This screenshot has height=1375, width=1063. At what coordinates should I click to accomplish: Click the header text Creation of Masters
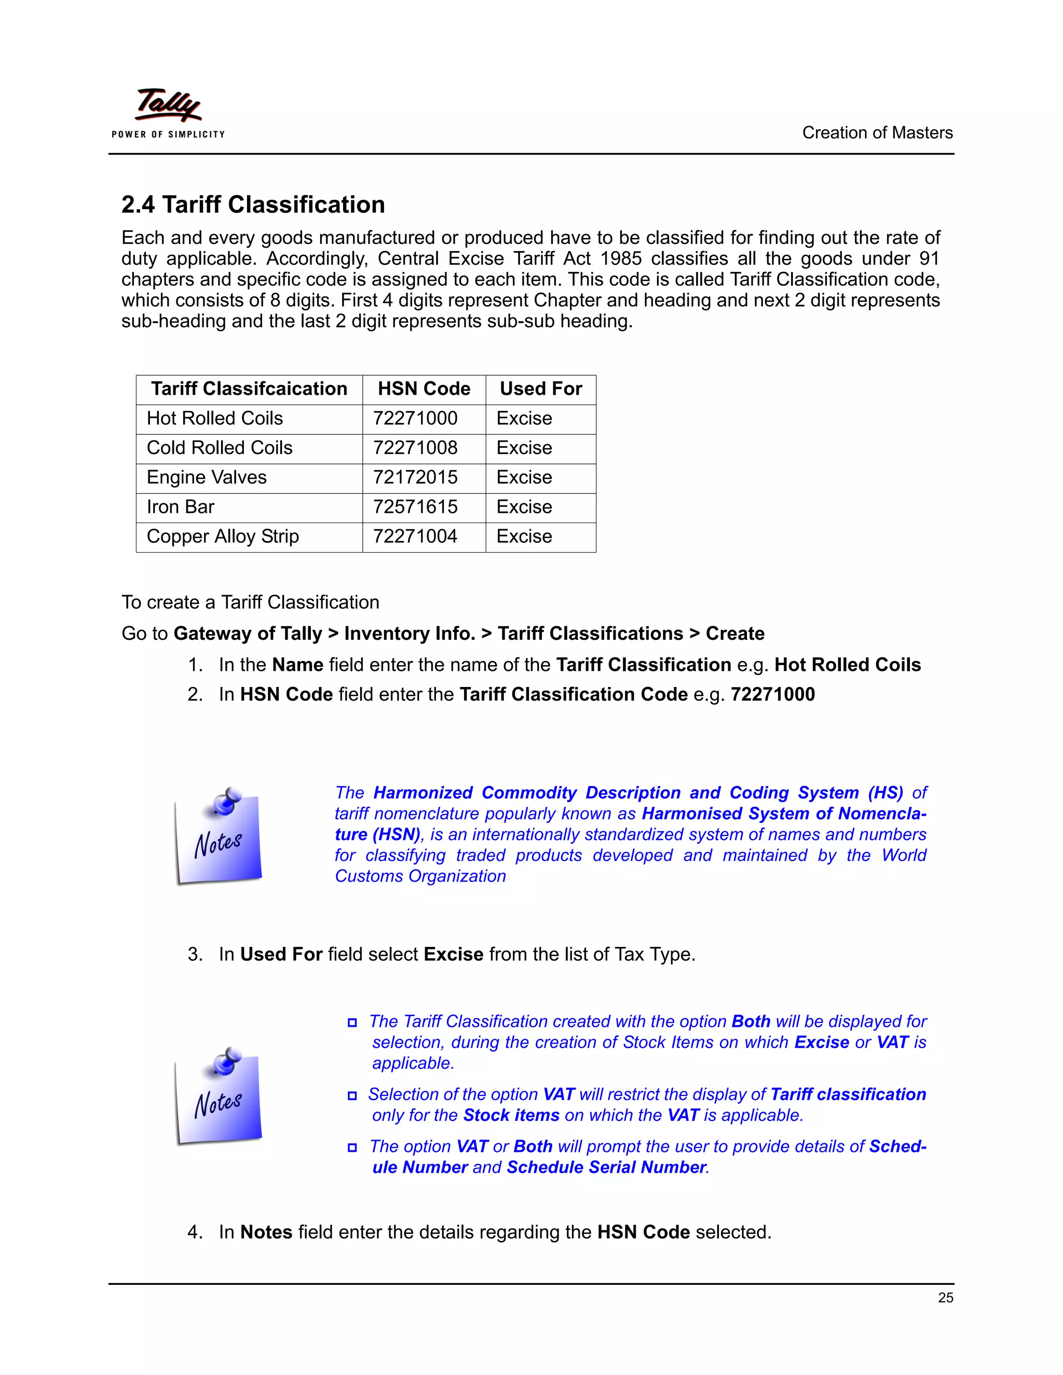(877, 133)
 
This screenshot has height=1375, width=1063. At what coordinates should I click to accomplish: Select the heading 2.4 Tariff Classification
(253, 204)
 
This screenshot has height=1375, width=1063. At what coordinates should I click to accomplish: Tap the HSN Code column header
(424, 389)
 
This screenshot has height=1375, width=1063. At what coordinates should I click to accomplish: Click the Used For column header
(540, 389)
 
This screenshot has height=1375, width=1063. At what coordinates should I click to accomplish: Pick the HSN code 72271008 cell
(416, 448)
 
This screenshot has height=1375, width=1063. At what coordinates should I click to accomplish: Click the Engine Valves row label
(207, 477)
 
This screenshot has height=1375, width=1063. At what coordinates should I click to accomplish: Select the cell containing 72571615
(416, 507)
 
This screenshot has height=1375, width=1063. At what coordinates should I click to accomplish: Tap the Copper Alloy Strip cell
(223, 537)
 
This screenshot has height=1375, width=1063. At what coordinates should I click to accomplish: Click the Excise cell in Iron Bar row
(524, 507)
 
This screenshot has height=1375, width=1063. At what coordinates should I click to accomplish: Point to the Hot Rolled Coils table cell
(215, 418)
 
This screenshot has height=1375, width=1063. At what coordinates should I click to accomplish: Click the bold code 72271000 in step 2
(773, 694)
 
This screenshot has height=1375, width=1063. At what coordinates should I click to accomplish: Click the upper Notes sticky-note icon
(218, 836)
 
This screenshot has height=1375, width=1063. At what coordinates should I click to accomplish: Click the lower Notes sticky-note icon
(218, 1096)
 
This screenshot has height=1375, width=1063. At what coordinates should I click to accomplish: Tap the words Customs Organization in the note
(420, 876)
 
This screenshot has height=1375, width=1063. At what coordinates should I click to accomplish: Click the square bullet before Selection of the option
(352, 1096)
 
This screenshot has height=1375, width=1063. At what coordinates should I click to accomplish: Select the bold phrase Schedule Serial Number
(606, 1167)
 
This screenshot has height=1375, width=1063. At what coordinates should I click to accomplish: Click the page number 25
(945, 1298)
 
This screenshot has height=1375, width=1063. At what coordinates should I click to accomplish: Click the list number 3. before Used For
(195, 954)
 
